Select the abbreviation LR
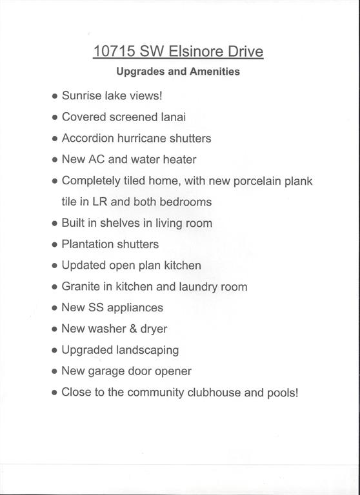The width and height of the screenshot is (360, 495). [x=100, y=202]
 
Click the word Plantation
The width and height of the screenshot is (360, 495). [x=88, y=244]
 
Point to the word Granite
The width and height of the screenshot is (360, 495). [x=81, y=287]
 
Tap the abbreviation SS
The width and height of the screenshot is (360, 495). [x=99, y=307]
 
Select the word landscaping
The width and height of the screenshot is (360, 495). [x=148, y=350]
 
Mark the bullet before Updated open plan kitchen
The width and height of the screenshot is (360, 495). [x=54, y=266]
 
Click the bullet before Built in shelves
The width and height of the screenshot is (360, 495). [x=54, y=224]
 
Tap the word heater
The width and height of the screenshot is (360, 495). [x=179, y=159]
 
